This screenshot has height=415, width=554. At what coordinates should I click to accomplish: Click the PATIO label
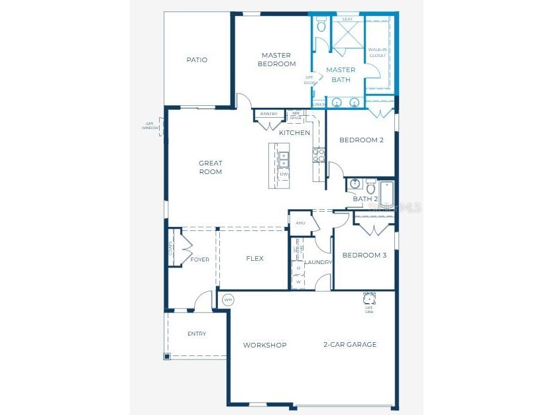pyautogui.click(x=197, y=60)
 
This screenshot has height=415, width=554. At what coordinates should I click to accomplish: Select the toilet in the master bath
pyautogui.click(x=321, y=26)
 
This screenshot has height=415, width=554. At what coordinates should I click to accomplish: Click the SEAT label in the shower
pyautogui.click(x=347, y=20)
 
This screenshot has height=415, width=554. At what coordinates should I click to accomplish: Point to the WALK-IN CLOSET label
pyautogui.click(x=377, y=52)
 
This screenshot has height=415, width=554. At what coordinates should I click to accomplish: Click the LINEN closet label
pyautogui.click(x=319, y=105)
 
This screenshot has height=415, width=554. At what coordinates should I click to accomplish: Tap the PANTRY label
pyautogui.click(x=269, y=114)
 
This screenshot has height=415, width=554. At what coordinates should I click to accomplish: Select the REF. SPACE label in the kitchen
pyautogui.click(x=296, y=116)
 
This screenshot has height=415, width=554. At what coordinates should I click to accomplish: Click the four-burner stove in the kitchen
pyautogui.click(x=318, y=155)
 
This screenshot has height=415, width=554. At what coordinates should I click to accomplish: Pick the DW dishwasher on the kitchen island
pyautogui.click(x=284, y=174)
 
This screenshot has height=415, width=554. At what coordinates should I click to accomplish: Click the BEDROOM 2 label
pyautogui.click(x=361, y=140)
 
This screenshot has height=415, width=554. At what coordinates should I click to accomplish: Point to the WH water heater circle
pyautogui.click(x=228, y=299)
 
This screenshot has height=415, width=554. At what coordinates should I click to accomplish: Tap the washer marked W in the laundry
pyautogui.click(x=298, y=281)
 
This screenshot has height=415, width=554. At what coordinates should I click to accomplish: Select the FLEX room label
pyautogui.click(x=255, y=259)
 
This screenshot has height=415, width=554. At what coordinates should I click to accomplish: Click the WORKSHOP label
pyautogui.click(x=264, y=345)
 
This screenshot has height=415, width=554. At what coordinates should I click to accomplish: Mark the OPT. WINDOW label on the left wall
pyautogui.click(x=150, y=125)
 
